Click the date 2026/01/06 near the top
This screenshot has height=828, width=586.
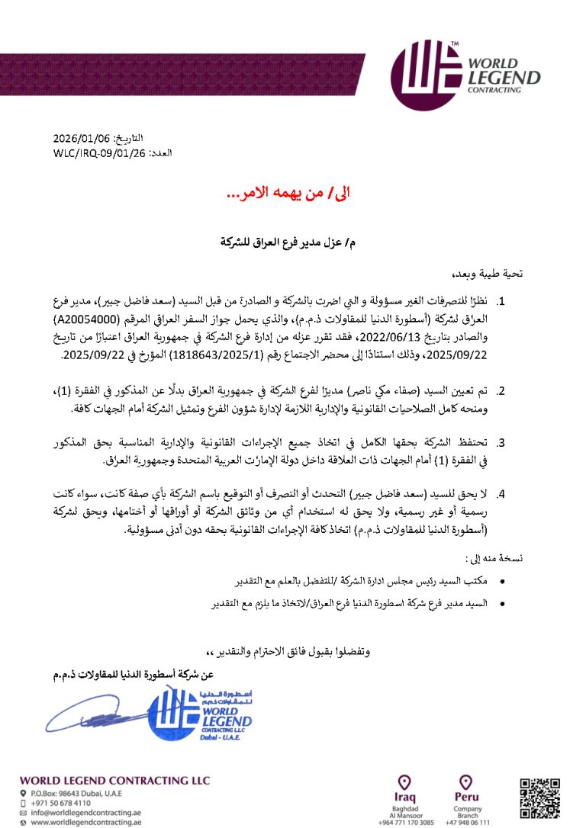(x=82, y=139)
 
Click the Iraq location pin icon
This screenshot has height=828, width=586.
(x=405, y=783)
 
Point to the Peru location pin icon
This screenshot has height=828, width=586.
(x=466, y=783)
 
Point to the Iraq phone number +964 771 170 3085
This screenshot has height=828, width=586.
(x=406, y=823)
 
